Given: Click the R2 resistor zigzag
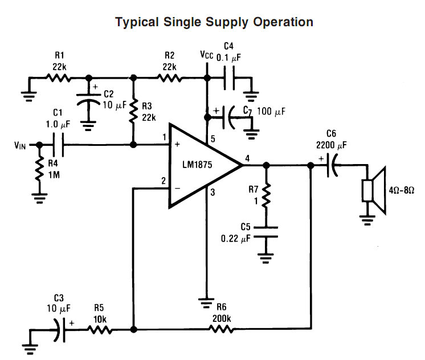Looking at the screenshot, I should click(x=169, y=77).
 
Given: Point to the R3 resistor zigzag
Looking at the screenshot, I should click(x=133, y=111).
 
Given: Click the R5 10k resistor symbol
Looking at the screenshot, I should click(x=99, y=329).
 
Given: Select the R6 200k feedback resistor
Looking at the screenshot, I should click(x=222, y=329).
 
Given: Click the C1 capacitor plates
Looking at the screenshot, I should click(x=59, y=145).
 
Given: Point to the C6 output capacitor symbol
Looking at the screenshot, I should click(x=332, y=166).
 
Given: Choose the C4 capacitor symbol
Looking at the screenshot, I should click(x=229, y=77).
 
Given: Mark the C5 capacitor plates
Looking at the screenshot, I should click(x=266, y=231).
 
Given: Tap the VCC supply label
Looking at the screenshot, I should click(x=207, y=55).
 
